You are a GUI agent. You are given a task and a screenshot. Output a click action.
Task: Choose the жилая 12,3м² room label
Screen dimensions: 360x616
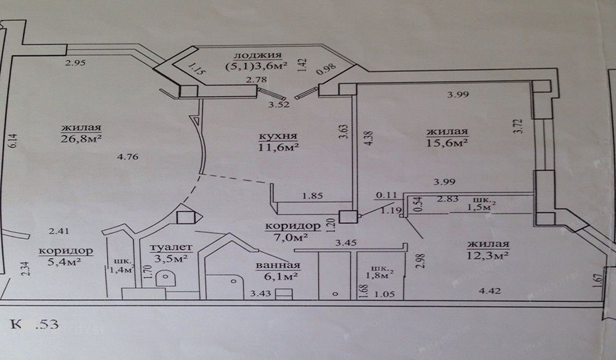click(x=488, y=250)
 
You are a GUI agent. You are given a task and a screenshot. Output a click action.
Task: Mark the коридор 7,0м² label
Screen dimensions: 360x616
click(x=292, y=232)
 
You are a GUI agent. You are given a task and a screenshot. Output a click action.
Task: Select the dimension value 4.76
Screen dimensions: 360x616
click(x=129, y=157)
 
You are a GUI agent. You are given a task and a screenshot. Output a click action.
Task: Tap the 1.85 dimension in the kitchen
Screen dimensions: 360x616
click(x=314, y=196)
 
